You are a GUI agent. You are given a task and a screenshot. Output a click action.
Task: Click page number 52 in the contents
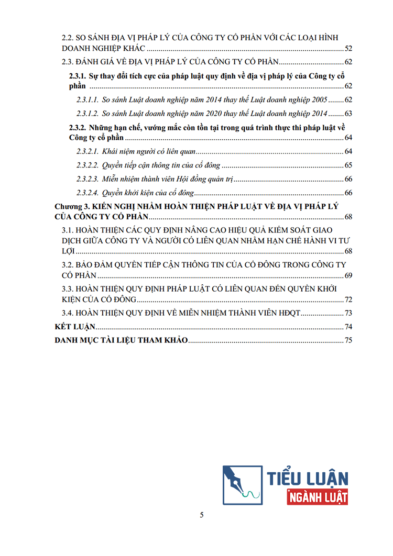pos(348,49)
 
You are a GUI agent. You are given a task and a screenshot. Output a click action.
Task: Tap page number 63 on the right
pos(348,114)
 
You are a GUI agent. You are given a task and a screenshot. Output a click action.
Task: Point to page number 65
pos(348,165)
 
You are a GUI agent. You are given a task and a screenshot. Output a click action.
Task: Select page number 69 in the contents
pos(348,276)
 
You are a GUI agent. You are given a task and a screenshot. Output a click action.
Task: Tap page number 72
pos(348,299)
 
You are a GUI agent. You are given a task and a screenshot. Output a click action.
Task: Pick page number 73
pos(348,314)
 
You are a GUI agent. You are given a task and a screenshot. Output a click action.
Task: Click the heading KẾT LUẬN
pos(75,327)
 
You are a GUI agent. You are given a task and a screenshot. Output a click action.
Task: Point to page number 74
pos(348,327)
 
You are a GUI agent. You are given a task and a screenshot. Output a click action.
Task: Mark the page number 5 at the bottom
pos(202,515)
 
